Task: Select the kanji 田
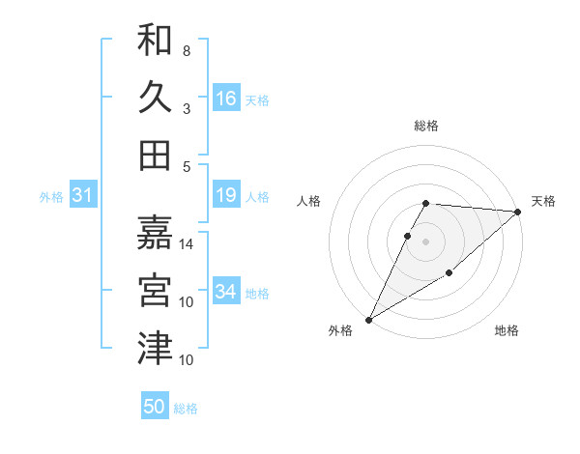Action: [x=155, y=155]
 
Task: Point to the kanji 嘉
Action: [x=155, y=232]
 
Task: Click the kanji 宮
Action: [x=155, y=290]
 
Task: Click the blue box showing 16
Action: [x=226, y=99]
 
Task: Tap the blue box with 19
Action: [x=226, y=196]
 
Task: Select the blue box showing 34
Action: [x=226, y=292]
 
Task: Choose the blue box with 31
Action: [x=83, y=196]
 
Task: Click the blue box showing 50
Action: [x=155, y=407]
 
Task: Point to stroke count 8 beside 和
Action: [x=186, y=50]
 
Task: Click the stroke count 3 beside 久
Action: [x=186, y=108]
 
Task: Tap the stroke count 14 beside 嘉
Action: [x=187, y=243]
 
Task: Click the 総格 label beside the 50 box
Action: [x=186, y=409]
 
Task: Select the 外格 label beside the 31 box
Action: [x=51, y=197]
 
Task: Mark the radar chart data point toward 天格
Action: [x=518, y=212]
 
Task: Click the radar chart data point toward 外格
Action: [x=368, y=320]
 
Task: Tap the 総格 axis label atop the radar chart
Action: [x=426, y=126]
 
